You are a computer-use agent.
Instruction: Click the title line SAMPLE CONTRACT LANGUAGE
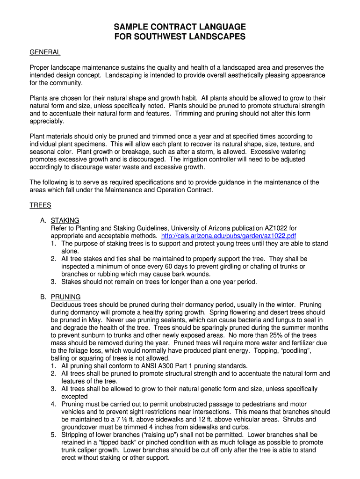180,27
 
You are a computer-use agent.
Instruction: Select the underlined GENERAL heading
45,52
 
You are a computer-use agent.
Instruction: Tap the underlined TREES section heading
40,205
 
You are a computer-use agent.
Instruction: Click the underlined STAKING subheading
65,220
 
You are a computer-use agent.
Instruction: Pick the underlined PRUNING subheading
65,297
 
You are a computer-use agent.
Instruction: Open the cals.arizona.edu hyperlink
228,236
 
